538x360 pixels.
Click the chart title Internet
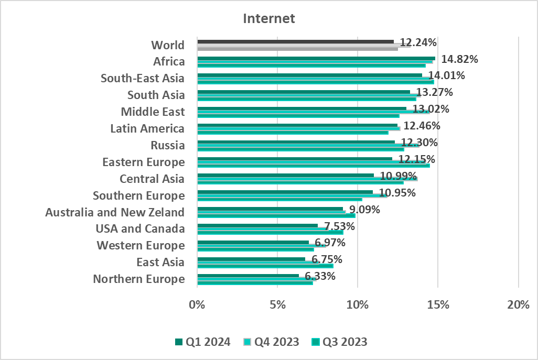(269, 19)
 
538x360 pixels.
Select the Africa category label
(169, 62)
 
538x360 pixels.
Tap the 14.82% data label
(459, 59)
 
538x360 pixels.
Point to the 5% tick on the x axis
(277, 305)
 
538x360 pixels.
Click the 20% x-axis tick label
(518, 305)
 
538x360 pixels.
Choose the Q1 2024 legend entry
(202, 342)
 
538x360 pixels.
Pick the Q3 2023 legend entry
(339, 342)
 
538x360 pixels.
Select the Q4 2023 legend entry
(271, 342)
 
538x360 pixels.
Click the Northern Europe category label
(138, 279)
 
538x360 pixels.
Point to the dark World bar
(295, 41)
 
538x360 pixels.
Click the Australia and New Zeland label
(115, 212)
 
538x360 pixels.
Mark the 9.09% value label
(362, 210)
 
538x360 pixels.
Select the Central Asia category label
(152, 179)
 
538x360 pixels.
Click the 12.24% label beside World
(418, 42)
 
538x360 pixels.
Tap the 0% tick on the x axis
(197, 305)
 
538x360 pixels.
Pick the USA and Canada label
(140, 229)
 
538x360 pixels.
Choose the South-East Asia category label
(143, 79)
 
